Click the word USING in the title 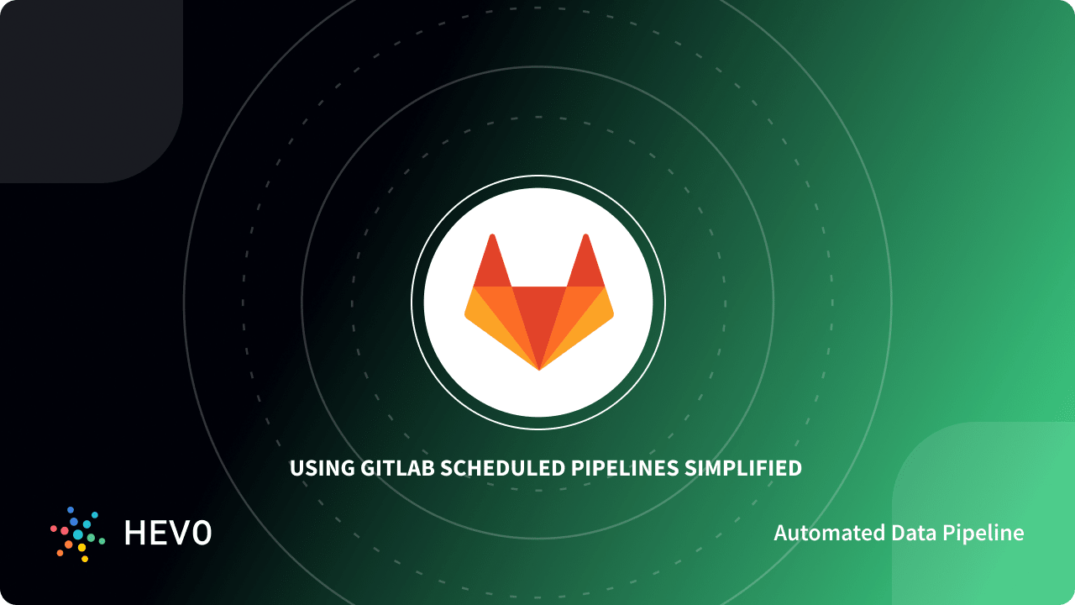(317, 468)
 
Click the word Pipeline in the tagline (988, 533)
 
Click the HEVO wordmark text (168, 533)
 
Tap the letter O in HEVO (201, 533)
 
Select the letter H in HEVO (134, 533)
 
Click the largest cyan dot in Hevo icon (78, 534)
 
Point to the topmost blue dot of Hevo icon (71, 509)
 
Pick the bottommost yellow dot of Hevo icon (85, 558)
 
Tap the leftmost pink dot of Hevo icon (54, 529)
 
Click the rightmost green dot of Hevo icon (102, 540)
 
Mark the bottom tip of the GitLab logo (539, 368)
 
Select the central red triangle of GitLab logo (539, 315)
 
